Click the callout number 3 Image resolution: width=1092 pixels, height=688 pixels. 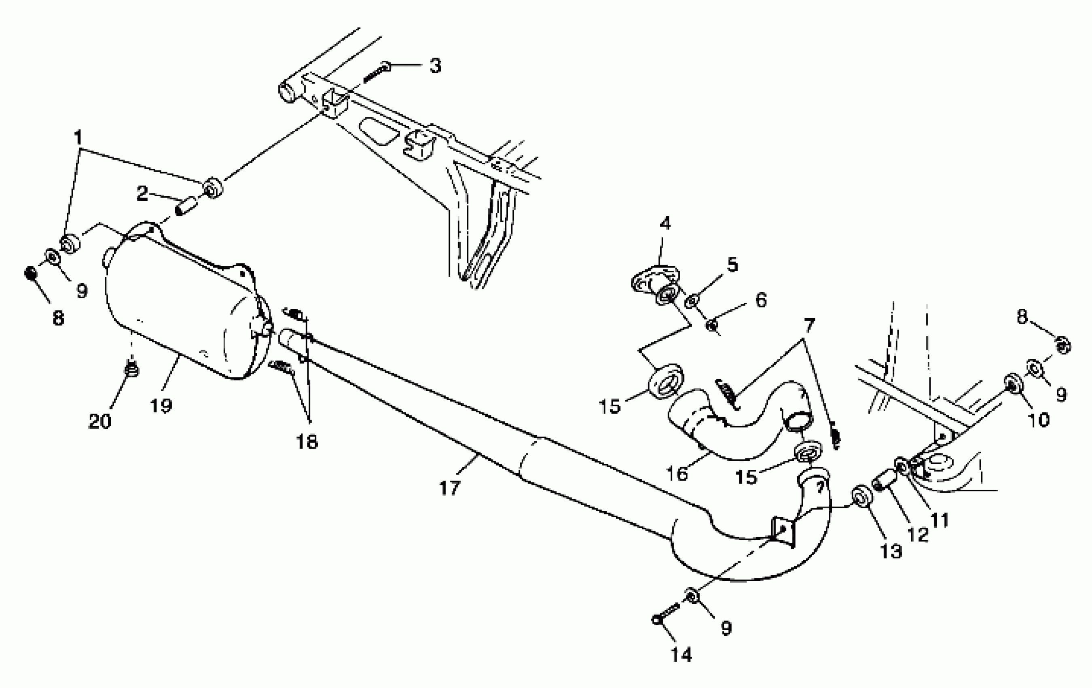coord(435,66)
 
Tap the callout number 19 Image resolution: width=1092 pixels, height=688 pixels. coord(161,405)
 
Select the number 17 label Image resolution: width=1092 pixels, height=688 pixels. coord(449,488)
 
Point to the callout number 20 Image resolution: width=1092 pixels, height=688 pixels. coord(100,422)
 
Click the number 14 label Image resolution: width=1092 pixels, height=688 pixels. coord(681,654)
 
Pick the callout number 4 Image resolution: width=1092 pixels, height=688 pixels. coord(665,223)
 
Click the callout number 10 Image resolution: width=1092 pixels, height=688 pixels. coord(1039,420)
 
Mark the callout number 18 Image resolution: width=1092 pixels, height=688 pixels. coord(307,441)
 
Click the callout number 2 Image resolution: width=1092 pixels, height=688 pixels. coord(142,194)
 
